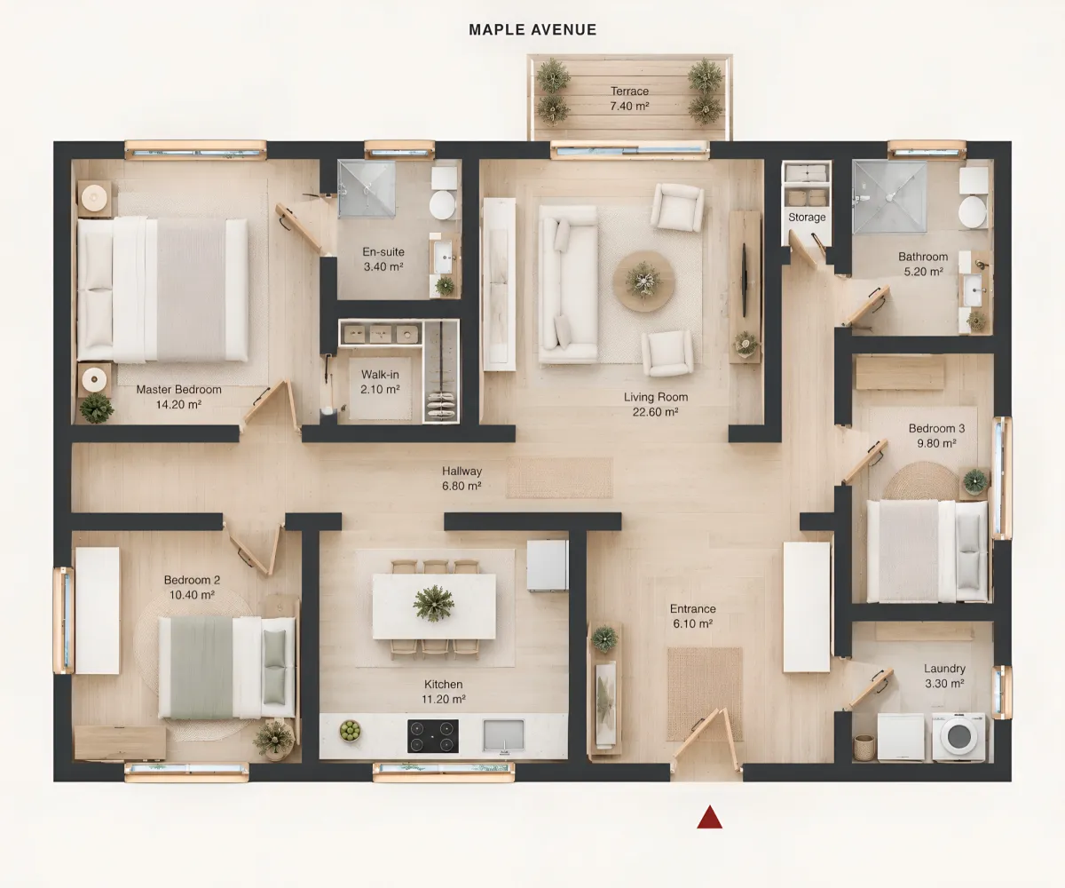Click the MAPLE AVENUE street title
click(532, 29)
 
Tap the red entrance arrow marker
click(709, 817)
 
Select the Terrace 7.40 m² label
click(630, 99)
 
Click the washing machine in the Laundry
click(958, 736)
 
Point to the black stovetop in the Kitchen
click(432, 736)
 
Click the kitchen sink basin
click(503, 735)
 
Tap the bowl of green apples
click(350, 731)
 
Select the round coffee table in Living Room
click(644, 281)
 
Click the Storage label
click(807, 218)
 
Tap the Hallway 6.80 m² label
click(461, 479)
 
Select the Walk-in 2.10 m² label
click(380, 382)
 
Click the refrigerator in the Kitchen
click(548, 566)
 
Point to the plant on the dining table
click(433, 603)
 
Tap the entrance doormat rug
click(705, 694)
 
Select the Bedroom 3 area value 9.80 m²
click(936, 443)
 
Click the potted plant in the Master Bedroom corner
click(97, 408)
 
